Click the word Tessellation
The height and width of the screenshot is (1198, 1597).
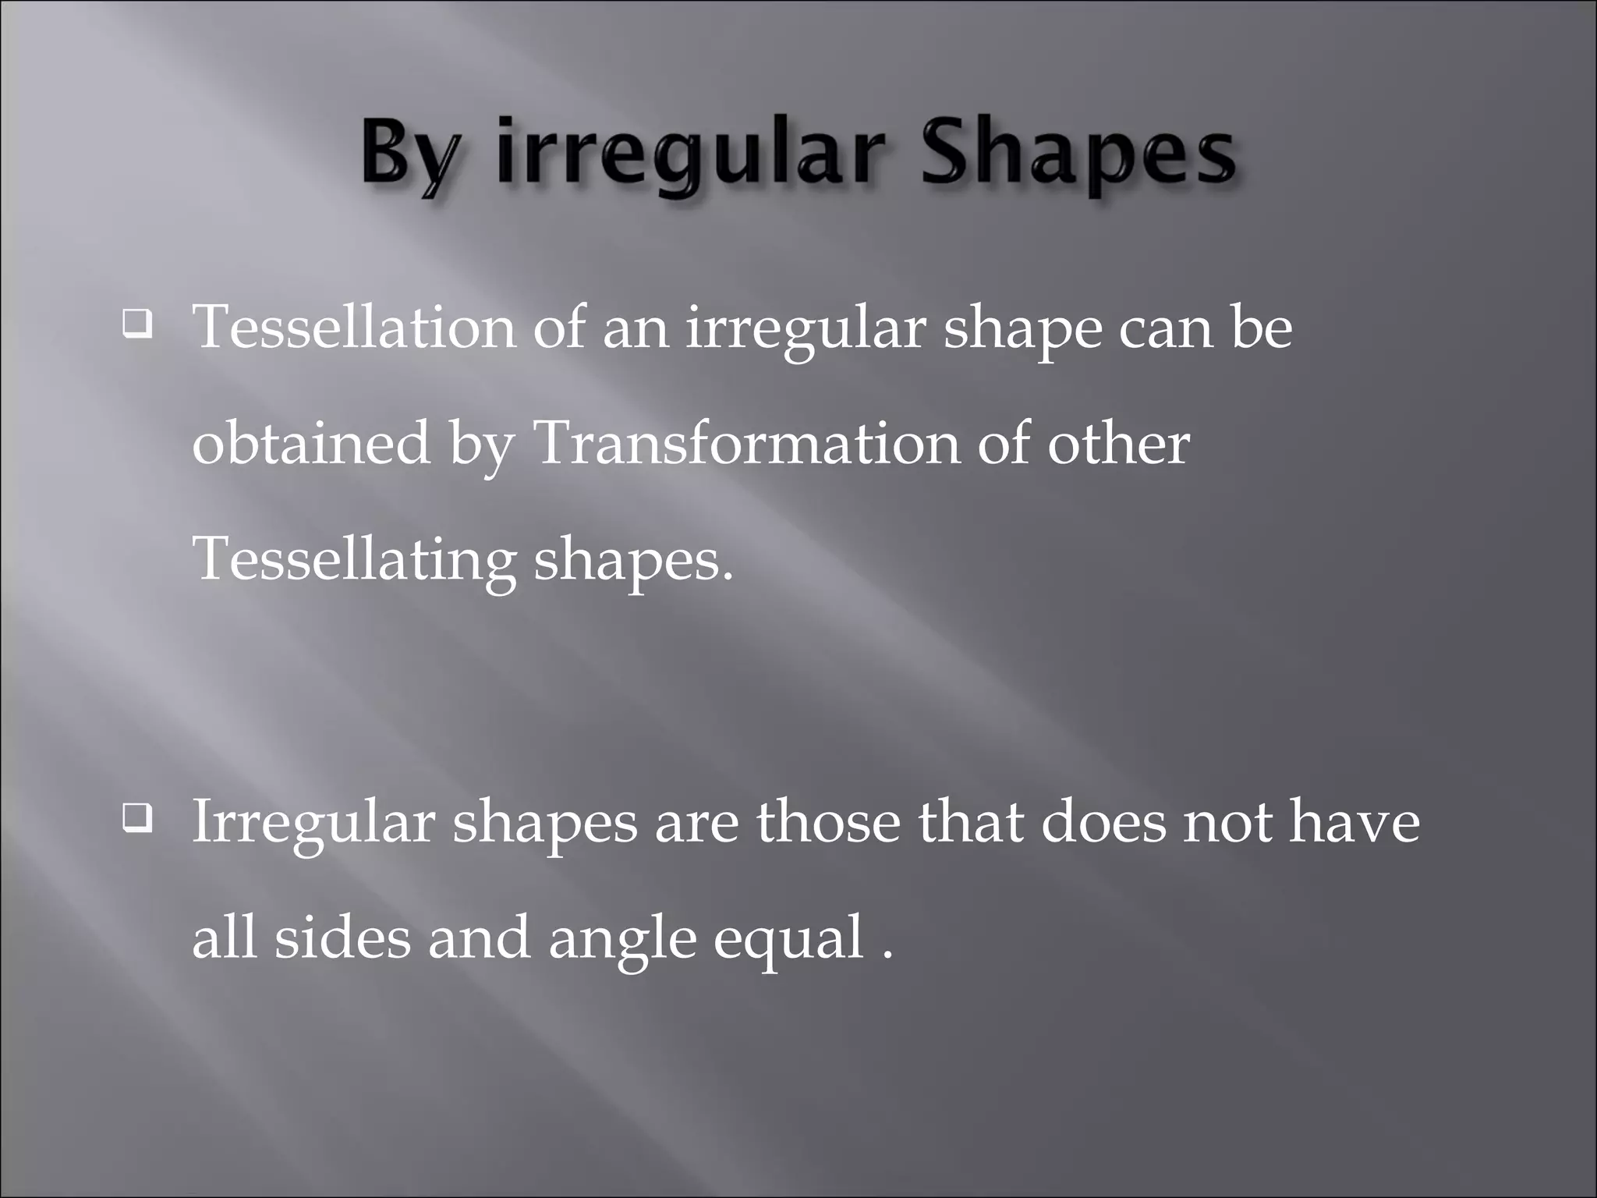pos(355,327)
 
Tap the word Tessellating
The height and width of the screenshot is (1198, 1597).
pos(355,560)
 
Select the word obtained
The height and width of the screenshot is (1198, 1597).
pos(311,443)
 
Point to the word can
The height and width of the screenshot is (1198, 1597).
pos(1165,328)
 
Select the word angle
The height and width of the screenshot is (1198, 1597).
pos(621,939)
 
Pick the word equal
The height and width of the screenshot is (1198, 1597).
pos(788,939)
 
